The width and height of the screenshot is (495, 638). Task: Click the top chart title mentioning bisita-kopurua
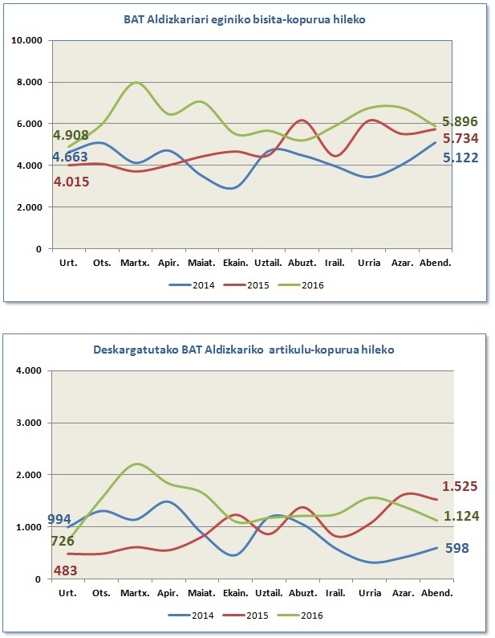coord(244,19)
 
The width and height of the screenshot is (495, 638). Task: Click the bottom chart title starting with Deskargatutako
coord(243,350)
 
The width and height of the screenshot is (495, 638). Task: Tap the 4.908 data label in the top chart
coord(71,135)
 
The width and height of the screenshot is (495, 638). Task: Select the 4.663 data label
coord(71,157)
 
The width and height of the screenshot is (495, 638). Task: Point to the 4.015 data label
coord(71,182)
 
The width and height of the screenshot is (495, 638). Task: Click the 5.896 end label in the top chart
coord(460,121)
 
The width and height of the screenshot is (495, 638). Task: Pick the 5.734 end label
coord(461,139)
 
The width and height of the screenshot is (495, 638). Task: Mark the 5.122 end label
coord(461,157)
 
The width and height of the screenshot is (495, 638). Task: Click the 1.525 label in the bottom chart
coord(460,486)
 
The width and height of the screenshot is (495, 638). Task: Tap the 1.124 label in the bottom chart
coord(461,517)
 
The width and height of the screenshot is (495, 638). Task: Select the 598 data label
coord(457,548)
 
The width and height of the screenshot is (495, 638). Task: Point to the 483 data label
coord(66,571)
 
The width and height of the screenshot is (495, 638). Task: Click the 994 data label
coord(59,520)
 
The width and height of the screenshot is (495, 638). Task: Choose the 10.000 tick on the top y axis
coord(27,40)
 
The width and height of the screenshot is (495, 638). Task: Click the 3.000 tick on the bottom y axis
coord(30,423)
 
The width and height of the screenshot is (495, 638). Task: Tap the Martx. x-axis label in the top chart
coord(135,263)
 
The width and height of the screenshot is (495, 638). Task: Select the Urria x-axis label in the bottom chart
coord(370,593)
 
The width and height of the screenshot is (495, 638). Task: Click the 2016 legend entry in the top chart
coord(301,285)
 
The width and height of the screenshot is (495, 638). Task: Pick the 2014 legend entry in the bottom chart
coord(192,616)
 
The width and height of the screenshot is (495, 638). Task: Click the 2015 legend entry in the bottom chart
coord(245,616)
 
